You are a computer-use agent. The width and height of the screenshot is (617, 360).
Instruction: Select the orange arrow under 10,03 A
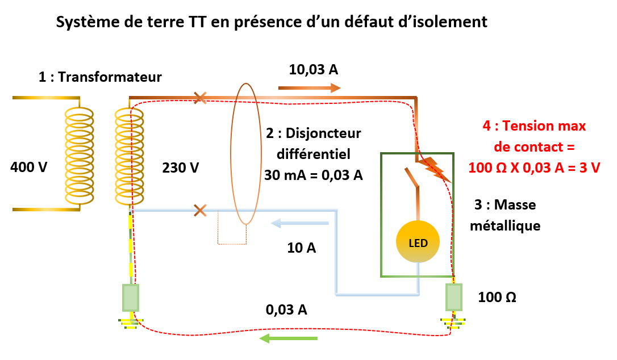(309, 88)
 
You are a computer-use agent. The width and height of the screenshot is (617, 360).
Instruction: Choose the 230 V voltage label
(181, 168)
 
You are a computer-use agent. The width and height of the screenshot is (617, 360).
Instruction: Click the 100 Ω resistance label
(497, 297)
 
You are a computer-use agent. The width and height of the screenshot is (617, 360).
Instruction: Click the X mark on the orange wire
(199, 98)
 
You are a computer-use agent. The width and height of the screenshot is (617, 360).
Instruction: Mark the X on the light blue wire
(199, 211)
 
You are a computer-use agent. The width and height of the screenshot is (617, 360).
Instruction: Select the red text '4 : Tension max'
(534, 126)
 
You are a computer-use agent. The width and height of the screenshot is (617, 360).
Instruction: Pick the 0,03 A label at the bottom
(286, 310)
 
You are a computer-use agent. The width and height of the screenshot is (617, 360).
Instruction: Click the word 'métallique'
(508, 225)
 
